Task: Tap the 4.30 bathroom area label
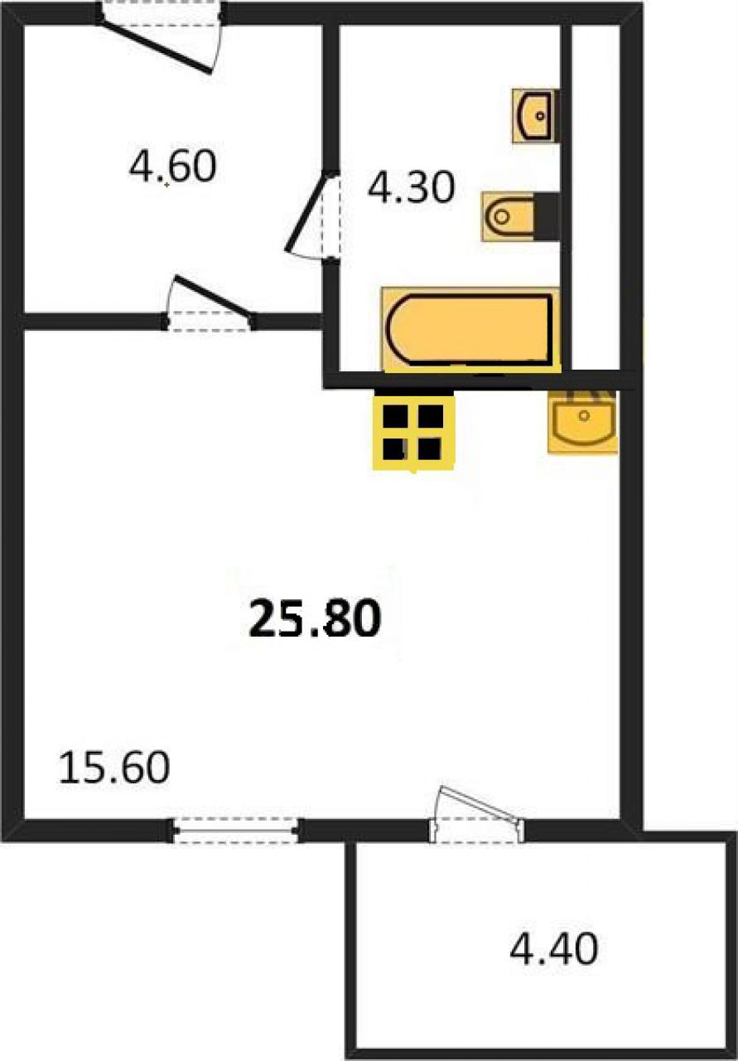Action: (x=411, y=187)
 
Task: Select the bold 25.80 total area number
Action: (x=315, y=618)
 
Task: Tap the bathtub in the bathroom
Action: (x=470, y=330)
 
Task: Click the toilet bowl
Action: (x=509, y=216)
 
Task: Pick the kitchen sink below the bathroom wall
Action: (x=583, y=419)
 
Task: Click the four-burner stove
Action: (x=414, y=433)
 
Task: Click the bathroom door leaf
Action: (x=309, y=211)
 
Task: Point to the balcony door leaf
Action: (x=479, y=803)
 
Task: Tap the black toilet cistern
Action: (x=547, y=216)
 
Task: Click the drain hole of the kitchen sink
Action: (x=584, y=416)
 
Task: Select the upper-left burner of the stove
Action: (x=395, y=416)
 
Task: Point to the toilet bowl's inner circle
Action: (x=501, y=217)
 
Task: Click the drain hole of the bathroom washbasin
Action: (x=540, y=115)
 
